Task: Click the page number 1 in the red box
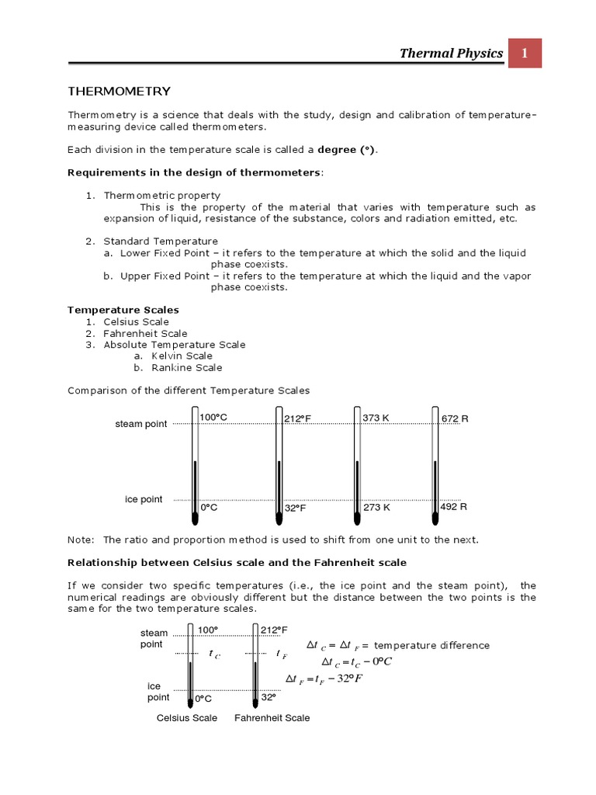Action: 525,53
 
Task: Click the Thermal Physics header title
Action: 451,53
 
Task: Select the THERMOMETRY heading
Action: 119,92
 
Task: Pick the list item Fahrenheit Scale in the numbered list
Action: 145,333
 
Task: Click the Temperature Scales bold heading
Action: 123,310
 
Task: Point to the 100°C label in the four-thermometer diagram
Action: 213,418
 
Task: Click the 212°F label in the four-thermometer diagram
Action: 297,418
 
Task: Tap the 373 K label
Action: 376,418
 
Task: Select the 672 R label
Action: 455,418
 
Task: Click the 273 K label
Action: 377,507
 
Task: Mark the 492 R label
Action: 454,506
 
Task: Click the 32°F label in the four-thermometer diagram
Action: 296,508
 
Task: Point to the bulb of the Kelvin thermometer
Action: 357,516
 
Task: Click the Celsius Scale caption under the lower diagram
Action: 187,717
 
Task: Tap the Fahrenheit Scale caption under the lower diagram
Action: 272,717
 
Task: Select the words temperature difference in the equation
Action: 431,645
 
